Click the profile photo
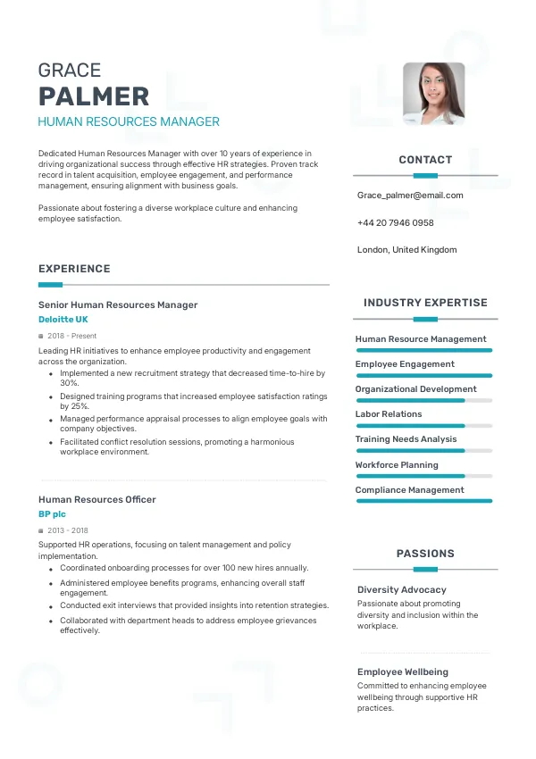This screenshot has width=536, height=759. pos(433,93)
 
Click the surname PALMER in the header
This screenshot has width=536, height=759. pos(94,96)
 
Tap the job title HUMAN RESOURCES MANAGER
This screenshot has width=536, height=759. pos(129,121)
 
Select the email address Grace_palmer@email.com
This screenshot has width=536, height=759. pos(410,195)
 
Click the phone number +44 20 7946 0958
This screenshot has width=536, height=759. pos(395,222)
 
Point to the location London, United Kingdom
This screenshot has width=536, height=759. pos(406,250)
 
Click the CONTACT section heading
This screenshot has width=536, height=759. pos(425,160)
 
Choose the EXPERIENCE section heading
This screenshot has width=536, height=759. pos(74,269)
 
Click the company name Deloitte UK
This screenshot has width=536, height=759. pos(63,319)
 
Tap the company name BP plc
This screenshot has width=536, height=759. pos(52,514)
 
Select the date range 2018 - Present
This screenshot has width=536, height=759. pos(71,336)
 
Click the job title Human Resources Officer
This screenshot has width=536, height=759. pos(97,499)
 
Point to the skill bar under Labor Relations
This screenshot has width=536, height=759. pos(424,426)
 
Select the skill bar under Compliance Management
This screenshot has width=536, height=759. pos(424,501)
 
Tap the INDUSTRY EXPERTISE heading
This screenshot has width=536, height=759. pos(425,303)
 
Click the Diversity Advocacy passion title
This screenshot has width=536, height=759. pos(402,589)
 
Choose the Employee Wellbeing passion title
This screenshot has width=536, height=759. pos(403,671)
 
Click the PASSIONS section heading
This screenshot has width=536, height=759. pos(425,554)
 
